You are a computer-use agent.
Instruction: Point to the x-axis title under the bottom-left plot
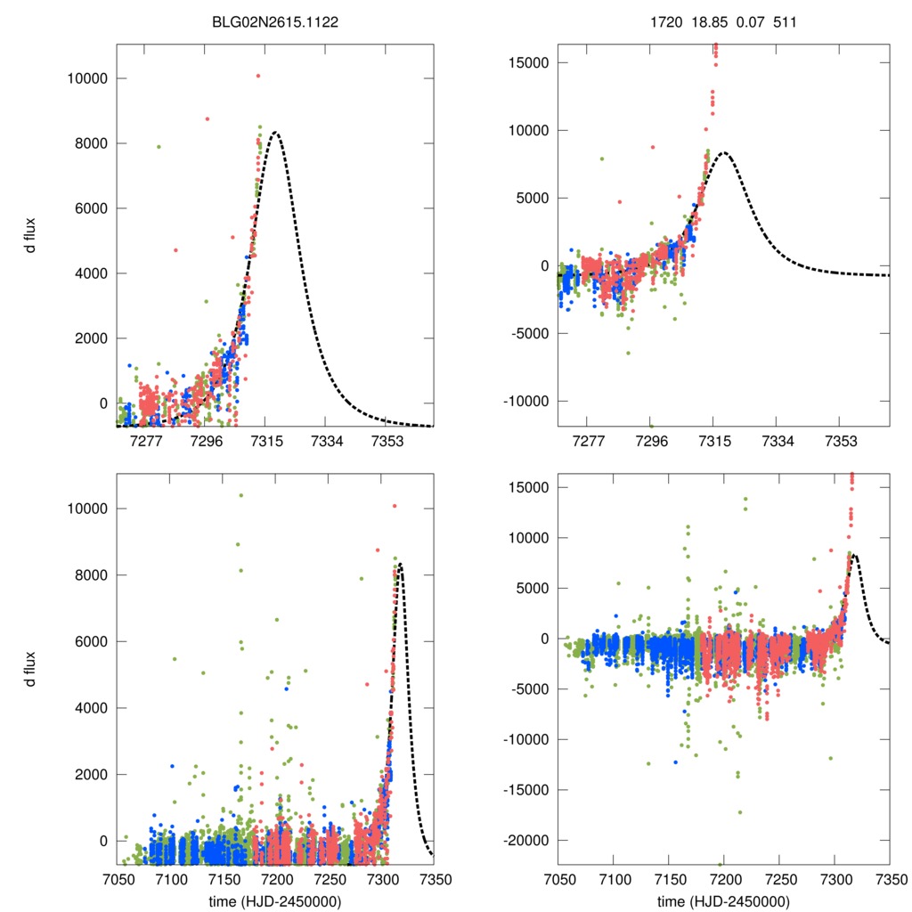[274, 901]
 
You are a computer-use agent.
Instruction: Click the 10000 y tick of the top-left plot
[87, 78]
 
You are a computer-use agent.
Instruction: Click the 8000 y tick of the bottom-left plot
[91, 575]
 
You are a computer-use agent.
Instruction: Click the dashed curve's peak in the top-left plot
[276, 133]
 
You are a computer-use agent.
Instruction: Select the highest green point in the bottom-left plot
[241, 495]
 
